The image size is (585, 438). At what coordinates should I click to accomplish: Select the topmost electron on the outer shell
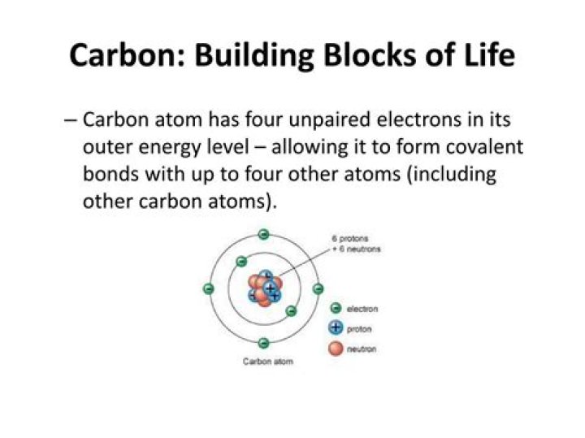coord(263,235)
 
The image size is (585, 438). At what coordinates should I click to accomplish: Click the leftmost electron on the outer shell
coord(208,289)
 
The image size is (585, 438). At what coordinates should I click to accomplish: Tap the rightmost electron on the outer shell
coord(318,289)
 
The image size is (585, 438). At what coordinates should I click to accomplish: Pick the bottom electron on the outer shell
coord(263,344)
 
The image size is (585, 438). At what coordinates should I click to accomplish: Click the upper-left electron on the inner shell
coord(241,262)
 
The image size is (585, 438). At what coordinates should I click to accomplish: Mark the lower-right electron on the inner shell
coord(291,311)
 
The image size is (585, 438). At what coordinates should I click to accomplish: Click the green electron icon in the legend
coord(335,309)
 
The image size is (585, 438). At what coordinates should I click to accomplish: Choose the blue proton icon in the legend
coord(335,328)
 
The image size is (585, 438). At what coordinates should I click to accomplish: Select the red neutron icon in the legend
coord(335,349)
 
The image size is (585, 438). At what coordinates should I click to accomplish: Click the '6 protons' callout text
coord(350,238)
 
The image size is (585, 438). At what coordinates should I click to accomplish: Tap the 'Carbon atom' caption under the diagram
coord(268,361)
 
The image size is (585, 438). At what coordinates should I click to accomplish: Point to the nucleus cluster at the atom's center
coord(265,288)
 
